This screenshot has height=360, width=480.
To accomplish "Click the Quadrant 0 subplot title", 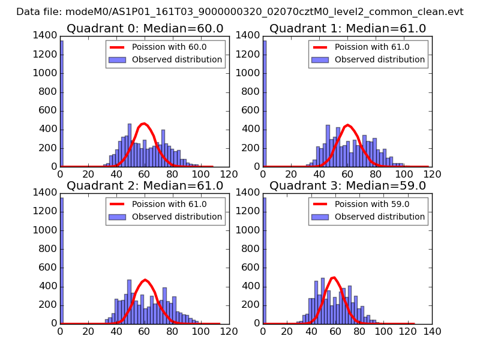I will click(x=145, y=29).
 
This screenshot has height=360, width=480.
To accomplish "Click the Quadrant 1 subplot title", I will click(x=347, y=29).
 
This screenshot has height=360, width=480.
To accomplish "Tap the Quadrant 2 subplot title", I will click(x=145, y=185).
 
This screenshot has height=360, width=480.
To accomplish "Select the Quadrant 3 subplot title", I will click(x=347, y=185).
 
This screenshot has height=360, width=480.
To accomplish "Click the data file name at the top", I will click(x=240, y=12).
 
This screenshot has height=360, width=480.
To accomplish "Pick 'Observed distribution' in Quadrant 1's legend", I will click(x=380, y=60).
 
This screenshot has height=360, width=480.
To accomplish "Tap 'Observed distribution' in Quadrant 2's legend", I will click(x=177, y=217).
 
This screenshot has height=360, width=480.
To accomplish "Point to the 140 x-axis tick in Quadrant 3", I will click(x=432, y=331).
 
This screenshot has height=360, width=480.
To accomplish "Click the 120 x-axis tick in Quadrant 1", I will click(x=432, y=175).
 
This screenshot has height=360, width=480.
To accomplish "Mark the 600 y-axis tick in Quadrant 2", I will click(x=49, y=268).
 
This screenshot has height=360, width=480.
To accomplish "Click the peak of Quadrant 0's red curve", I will click(x=143, y=124).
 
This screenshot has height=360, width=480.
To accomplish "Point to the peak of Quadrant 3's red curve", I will click(x=334, y=277).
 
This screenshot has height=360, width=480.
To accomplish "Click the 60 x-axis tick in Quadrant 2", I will click(x=145, y=331).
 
